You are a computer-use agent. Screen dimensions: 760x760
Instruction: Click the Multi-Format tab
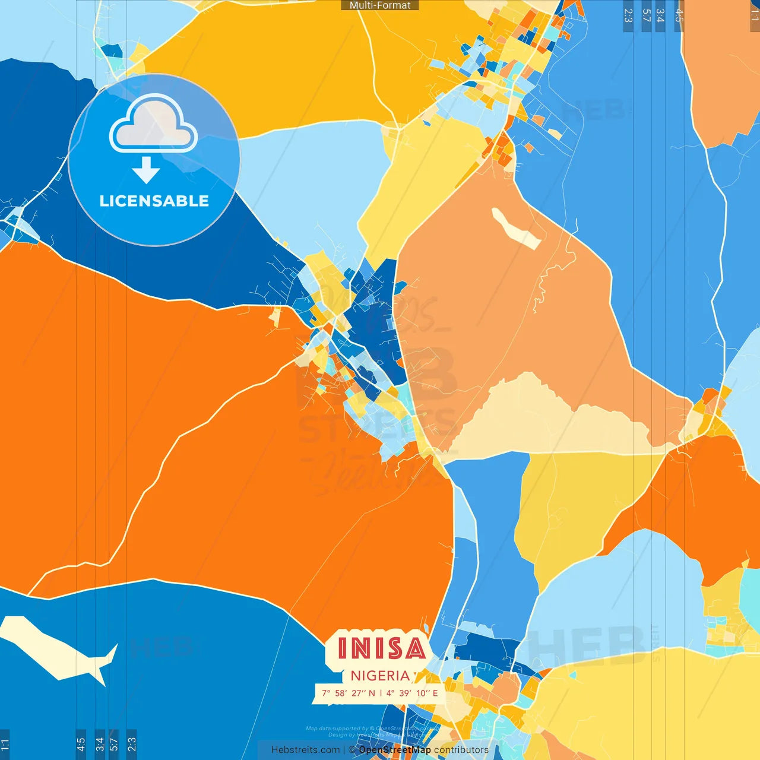point(380,5)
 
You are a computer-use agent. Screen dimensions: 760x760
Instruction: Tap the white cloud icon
point(154,125)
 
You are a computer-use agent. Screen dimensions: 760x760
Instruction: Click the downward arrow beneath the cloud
point(146,170)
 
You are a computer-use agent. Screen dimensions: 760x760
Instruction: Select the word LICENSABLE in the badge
point(154,201)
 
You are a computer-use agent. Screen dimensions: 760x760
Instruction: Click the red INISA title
point(381,648)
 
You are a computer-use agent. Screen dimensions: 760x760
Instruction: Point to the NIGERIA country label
point(380,676)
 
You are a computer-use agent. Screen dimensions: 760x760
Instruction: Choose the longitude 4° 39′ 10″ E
point(412,693)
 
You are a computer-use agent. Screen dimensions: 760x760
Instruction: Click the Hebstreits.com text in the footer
point(305,750)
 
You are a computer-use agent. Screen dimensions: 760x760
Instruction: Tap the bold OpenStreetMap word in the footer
point(395,750)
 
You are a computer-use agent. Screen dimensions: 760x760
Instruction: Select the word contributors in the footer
point(461,750)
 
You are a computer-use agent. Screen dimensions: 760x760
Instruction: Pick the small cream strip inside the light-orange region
point(515,227)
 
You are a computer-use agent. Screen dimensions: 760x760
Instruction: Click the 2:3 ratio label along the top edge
point(628,15)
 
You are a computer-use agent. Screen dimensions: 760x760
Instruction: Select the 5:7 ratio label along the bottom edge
point(113,743)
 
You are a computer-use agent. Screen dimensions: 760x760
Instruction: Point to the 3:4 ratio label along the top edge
point(660,15)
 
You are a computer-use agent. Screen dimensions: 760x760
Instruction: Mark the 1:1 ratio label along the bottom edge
point(5,743)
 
